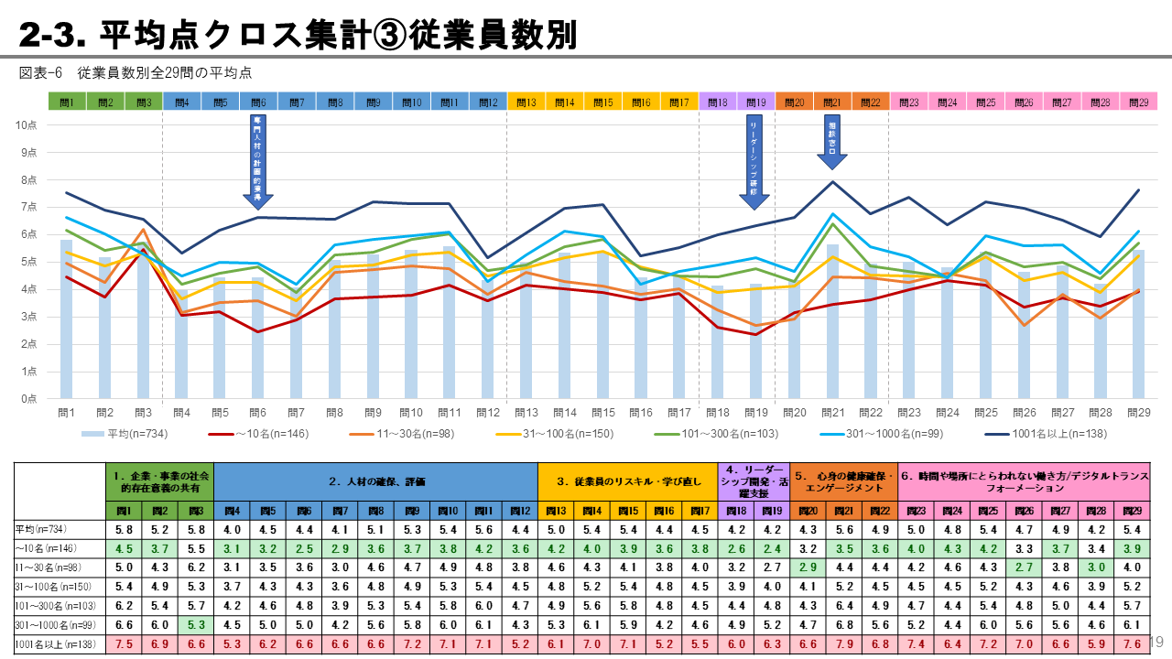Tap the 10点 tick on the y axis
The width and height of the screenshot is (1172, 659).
click(x=27, y=124)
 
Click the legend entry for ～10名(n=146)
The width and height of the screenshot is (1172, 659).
click(x=262, y=433)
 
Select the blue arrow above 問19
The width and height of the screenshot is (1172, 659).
click(x=754, y=165)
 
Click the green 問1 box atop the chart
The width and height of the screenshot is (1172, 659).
click(x=66, y=103)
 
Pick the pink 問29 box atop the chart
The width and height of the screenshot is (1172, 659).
click(x=1139, y=103)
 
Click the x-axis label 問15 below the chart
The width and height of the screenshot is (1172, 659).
click(x=602, y=413)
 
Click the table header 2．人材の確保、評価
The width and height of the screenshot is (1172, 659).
click(x=375, y=481)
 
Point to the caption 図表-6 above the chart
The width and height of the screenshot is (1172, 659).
click(x=40, y=72)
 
